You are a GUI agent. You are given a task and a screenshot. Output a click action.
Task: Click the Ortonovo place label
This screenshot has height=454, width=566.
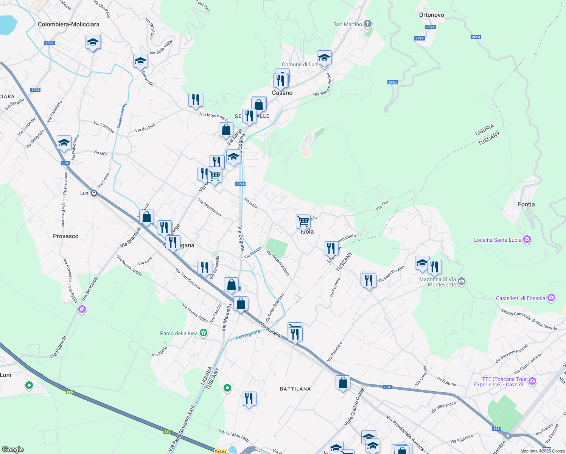tap(431, 15)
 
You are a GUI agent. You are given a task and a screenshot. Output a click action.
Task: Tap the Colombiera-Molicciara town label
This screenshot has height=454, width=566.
tap(68, 24)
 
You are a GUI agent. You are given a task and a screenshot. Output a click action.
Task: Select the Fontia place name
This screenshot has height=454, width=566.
tap(526, 204)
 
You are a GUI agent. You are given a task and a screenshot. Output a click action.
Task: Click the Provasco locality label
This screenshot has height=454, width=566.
tap(66, 236)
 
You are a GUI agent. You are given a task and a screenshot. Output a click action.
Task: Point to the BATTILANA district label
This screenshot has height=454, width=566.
tap(295, 389)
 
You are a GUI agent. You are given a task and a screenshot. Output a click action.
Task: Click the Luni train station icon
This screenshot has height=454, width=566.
tap(94, 193)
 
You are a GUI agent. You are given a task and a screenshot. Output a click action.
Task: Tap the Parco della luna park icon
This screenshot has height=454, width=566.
tap(204, 333)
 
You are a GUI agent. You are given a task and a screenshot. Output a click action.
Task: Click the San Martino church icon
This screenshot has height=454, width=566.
tap(367, 24)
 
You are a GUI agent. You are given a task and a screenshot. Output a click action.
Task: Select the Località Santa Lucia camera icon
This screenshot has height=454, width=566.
tap(527, 239)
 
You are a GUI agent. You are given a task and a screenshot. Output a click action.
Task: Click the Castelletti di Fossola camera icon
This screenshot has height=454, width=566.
tap(551, 298)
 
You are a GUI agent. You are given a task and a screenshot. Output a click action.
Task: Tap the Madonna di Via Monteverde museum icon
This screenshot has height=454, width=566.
tap(461, 281)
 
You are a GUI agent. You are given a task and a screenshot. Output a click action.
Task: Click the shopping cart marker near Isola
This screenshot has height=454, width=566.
tap(303, 222)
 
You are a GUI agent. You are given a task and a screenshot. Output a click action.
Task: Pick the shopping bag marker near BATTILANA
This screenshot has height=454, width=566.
tap(343, 382)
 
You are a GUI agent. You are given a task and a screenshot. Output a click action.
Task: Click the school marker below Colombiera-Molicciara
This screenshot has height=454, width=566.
tap(92, 42)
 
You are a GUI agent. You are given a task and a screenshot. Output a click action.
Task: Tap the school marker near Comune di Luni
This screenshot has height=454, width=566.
tap(324, 58)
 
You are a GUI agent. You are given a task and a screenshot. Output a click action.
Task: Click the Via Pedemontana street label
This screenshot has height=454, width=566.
tap(278, 263)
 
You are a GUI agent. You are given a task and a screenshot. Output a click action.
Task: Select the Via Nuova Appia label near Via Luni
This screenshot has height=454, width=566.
tap(129, 266)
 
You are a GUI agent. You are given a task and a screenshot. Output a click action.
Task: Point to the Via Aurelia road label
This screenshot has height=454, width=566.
tap(270, 330)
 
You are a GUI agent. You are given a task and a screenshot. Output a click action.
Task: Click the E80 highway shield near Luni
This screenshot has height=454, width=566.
tap(70, 392)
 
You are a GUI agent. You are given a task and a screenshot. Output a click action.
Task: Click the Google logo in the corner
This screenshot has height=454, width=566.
tap(12, 449)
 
